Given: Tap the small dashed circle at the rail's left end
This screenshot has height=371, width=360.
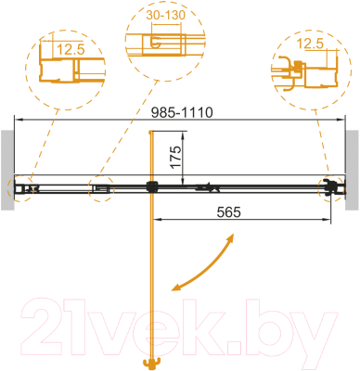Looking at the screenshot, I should click(x=22, y=189).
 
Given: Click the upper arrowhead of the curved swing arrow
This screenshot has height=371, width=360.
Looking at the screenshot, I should click(x=229, y=240).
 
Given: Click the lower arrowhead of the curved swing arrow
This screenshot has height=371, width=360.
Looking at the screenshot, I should click(x=174, y=288).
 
